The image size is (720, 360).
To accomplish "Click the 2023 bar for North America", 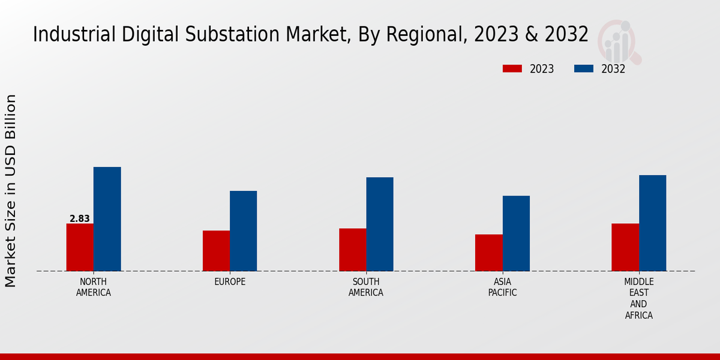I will pyautogui.click(x=80, y=247).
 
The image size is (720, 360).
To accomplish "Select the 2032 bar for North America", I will pyautogui.click(x=107, y=219).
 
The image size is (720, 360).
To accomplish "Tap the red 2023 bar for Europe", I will pyautogui.click(x=216, y=251).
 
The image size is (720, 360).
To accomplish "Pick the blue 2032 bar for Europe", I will pyautogui.click(x=243, y=231).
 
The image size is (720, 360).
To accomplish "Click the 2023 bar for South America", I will pyautogui.click(x=352, y=250).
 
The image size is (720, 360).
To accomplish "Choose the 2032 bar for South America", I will pyautogui.click(x=380, y=224).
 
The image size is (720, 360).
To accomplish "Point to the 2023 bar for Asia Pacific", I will pyautogui.click(x=488, y=253).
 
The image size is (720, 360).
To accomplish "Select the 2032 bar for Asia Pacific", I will pyautogui.click(x=516, y=233).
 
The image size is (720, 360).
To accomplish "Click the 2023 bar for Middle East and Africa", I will pyautogui.click(x=625, y=247).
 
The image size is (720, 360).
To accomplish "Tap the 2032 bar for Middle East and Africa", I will pyautogui.click(x=652, y=223).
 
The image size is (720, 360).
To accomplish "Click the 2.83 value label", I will pyautogui.click(x=80, y=219).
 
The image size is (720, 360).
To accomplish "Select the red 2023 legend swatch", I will pyautogui.click(x=512, y=69).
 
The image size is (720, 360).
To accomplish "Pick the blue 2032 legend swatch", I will pyautogui.click(x=583, y=69).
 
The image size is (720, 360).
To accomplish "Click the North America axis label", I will pyautogui.click(x=94, y=287).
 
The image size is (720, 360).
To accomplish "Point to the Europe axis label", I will pyautogui.click(x=230, y=282).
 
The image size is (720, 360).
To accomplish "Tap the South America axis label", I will pyautogui.click(x=366, y=287).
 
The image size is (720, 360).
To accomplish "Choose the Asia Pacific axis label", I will pyautogui.click(x=502, y=287).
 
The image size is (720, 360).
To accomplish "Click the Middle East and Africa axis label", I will pyautogui.click(x=639, y=298).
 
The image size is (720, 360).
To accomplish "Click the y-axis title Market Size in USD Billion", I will pyautogui.click(x=11, y=190).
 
